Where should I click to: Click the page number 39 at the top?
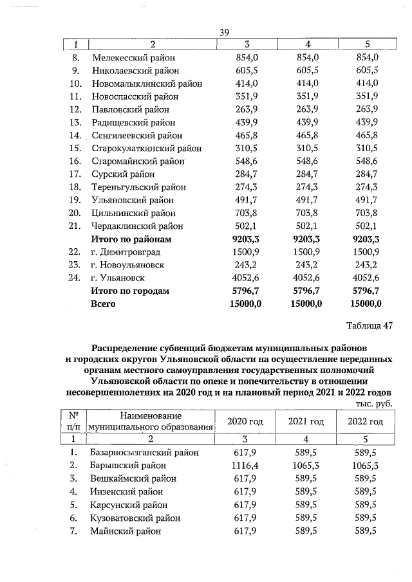(225, 32)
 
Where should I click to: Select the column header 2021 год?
(306, 421)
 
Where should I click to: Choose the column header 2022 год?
(365, 421)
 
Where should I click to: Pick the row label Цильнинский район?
(133, 213)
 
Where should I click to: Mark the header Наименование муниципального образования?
(151, 421)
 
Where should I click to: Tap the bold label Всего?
(104, 304)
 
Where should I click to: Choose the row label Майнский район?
(126, 531)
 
